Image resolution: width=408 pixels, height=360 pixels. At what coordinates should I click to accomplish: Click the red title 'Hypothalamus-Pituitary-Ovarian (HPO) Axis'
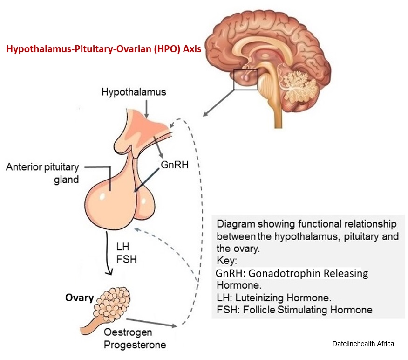tap(104, 49)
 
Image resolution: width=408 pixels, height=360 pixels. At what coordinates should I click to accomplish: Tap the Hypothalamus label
tap(134, 92)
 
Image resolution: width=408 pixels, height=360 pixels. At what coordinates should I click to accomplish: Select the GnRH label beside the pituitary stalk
tap(175, 165)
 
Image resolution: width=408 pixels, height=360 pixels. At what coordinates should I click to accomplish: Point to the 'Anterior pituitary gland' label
tap(42, 173)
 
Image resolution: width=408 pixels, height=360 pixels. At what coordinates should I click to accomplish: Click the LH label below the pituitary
tap(122, 246)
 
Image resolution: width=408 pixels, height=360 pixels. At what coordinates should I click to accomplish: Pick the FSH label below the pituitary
tap(127, 259)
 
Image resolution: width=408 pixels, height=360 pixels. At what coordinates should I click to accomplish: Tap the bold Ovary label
tap(79, 298)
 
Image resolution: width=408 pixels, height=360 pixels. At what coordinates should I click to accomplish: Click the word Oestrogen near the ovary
tap(128, 332)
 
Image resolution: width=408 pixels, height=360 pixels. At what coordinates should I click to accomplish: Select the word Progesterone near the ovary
tap(135, 345)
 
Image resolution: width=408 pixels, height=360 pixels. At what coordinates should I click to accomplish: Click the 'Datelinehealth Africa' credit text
tap(363, 344)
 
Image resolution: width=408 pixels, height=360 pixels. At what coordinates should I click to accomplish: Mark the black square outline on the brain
tap(245, 69)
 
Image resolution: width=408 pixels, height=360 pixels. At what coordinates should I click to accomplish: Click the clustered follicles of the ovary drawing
tap(112, 304)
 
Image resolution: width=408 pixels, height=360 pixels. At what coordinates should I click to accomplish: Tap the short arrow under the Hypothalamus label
tap(147, 109)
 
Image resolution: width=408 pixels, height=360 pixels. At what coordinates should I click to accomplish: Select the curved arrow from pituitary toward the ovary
tap(107, 253)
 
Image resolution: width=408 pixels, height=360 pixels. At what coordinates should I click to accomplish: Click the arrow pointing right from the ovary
tap(151, 323)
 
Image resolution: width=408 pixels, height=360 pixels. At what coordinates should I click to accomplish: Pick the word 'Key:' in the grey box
tap(227, 261)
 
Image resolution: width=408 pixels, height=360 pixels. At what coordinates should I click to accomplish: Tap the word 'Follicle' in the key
tap(259, 310)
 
